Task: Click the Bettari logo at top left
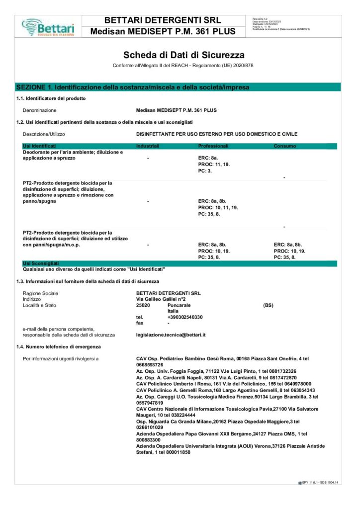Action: (48, 26)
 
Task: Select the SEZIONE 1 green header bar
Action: (133, 87)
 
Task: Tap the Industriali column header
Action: (148, 146)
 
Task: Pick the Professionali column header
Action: (213, 146)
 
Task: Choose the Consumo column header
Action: (285, 146)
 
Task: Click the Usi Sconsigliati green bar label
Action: (41, 263)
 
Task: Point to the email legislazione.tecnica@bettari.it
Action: (171, 335)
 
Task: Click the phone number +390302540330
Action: (185, 317)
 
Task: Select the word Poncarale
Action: (179, 305)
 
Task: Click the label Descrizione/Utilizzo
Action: (44, 134)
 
